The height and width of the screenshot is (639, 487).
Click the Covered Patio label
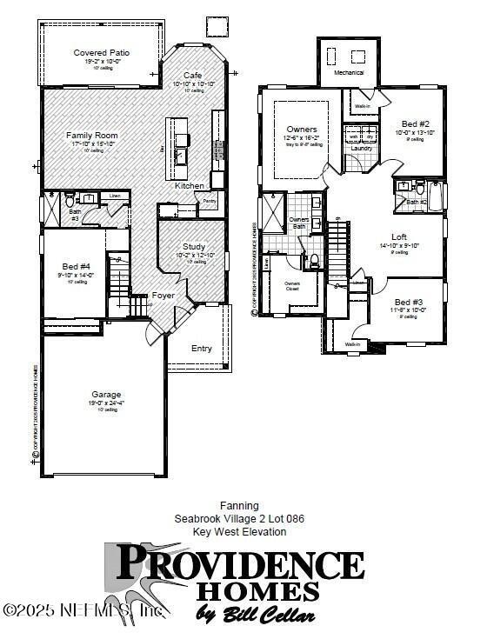[102, 53]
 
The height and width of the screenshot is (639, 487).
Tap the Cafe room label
[192, 76]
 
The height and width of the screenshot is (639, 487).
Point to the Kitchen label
[190, 186]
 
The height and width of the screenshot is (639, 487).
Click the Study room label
[194, 246]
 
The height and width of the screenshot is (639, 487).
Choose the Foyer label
[163, 296]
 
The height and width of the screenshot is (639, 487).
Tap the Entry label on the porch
[202, 349]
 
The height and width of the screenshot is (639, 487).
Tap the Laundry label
[361, 149]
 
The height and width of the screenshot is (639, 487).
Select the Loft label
[399, 236]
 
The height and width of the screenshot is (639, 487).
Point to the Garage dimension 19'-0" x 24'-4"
[106, 403]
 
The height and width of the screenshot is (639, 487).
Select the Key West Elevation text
[239, 531]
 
